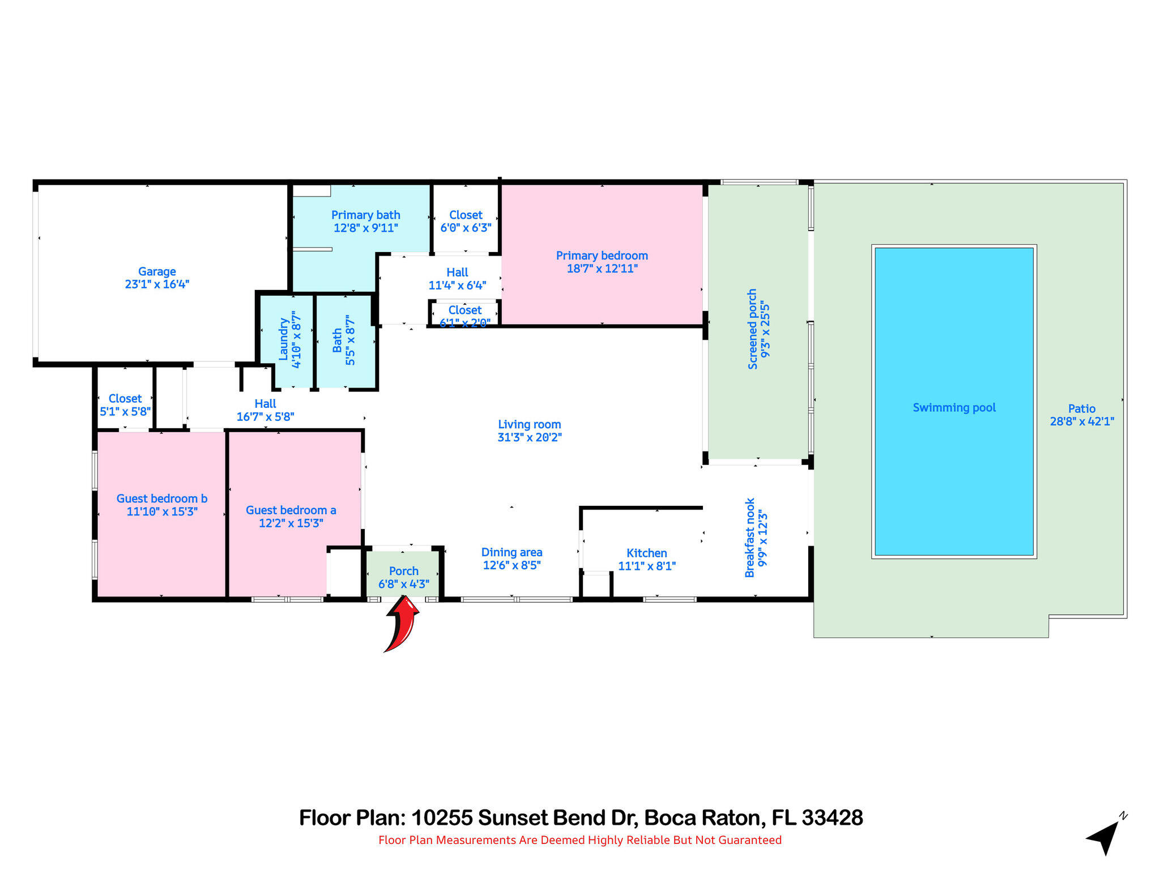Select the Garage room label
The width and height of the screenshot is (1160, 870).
click(157, 272)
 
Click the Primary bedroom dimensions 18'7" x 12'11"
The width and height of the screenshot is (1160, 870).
click(602, 268)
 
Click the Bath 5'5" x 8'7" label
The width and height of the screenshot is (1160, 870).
click(344, 340)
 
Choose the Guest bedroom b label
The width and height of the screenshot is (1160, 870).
click(162, 498)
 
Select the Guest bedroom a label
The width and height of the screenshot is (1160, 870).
click(291, 510)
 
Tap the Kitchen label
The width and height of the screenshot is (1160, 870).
click(646, 553)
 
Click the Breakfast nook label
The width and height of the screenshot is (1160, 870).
click(750, 538)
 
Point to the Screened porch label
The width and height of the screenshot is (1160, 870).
click(753, 329)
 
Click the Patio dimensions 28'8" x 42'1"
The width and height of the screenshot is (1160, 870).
click(1082, 421)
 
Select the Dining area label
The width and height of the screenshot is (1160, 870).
click(511, 552)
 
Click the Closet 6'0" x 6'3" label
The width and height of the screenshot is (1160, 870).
click(466, 221)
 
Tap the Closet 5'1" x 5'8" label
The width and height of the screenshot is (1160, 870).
click(125, 405)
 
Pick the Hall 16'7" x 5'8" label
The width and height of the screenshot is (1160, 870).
click(265, 410)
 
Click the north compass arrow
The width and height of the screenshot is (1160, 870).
click(1104, 836)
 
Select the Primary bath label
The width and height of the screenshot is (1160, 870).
click(365, 215)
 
